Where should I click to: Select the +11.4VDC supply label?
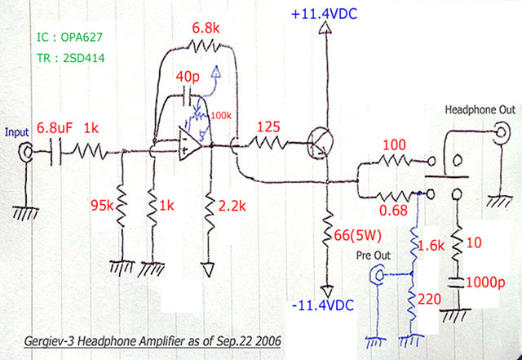(325, 12)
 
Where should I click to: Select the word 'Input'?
(18, 131)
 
